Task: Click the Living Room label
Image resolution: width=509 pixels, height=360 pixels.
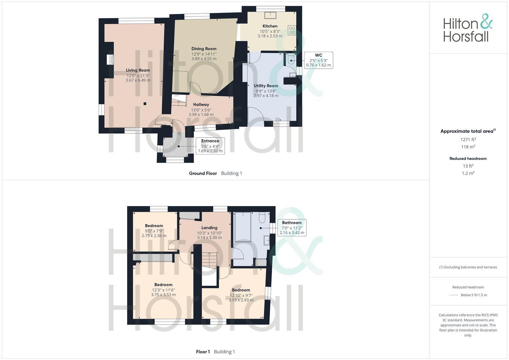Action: pos(138,70)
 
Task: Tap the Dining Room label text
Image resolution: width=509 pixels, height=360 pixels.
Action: pos(204,49)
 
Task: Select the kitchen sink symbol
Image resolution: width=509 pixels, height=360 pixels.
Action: pos(270,15)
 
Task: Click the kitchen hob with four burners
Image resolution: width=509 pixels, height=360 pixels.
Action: pos(292,30)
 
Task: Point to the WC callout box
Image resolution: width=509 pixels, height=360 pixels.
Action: pos(318,60)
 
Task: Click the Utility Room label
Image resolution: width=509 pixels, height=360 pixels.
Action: pos(266,86)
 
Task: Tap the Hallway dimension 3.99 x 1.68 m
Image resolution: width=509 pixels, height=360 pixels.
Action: pos(201,115)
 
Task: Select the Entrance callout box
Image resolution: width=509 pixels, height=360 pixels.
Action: pos(210,146)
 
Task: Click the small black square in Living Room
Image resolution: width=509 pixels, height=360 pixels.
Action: pos(145,104)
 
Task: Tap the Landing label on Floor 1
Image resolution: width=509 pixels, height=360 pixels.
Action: pos(209,228)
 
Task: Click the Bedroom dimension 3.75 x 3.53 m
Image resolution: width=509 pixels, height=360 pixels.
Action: pos(163,295)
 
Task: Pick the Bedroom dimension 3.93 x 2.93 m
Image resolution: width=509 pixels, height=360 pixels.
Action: pos(241,300)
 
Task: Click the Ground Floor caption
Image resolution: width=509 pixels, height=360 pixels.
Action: pos(203,173)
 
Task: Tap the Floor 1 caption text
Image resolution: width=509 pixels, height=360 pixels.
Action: pos(203,352)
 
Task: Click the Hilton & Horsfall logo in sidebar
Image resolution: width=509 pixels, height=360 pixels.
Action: pos(468,28)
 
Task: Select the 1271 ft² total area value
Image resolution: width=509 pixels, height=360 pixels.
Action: pos(468,140)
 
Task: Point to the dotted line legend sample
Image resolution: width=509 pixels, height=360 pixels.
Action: pos(454,295)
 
